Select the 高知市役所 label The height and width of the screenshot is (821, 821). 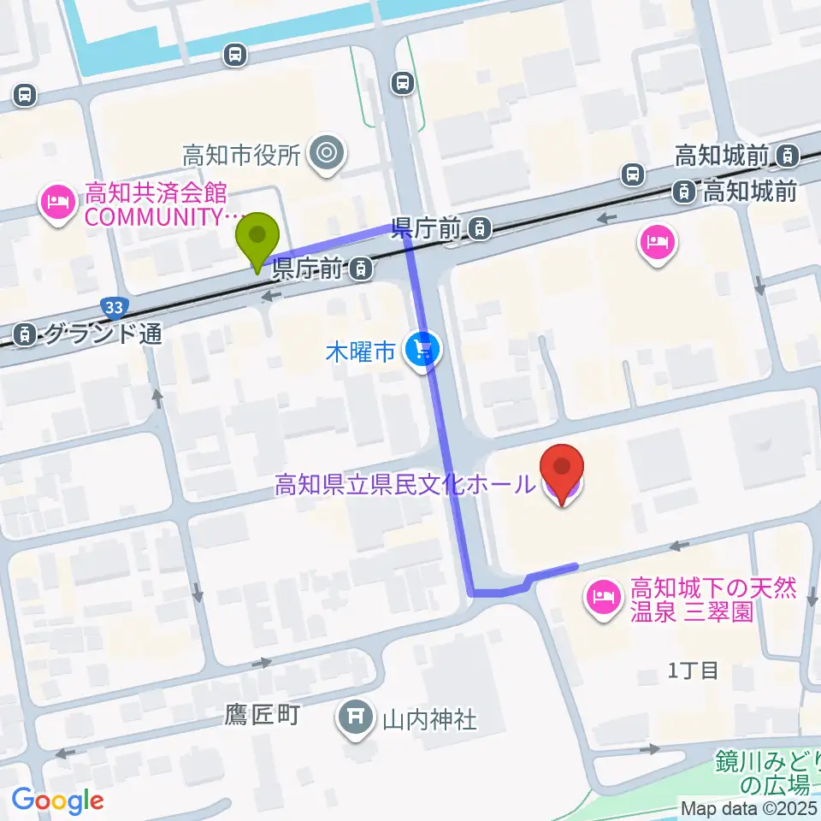click(242, 156)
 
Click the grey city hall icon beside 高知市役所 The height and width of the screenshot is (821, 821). click(327, 155)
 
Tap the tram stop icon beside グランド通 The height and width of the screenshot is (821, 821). click(27, 334)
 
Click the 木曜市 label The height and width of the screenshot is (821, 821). click(360, 351)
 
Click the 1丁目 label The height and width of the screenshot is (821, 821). click(693, 670)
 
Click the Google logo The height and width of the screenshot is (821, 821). click(57, 800)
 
